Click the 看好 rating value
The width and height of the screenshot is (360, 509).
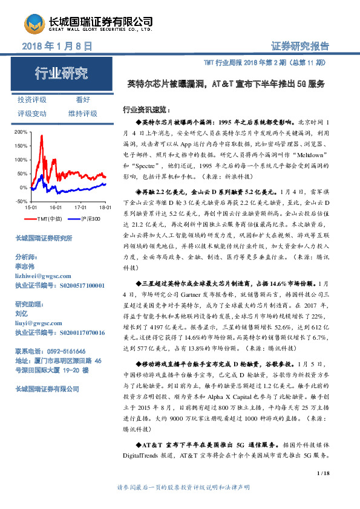(x=83, y=100)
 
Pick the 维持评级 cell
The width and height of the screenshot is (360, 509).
(x=83, y=114)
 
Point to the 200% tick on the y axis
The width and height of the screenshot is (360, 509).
(x=19, y=131)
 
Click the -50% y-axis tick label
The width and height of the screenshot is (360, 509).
(x=19, y=201)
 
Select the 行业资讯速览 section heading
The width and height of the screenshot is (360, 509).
(x=142, y=111)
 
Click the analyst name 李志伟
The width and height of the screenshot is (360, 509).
(x=25, y=266)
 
